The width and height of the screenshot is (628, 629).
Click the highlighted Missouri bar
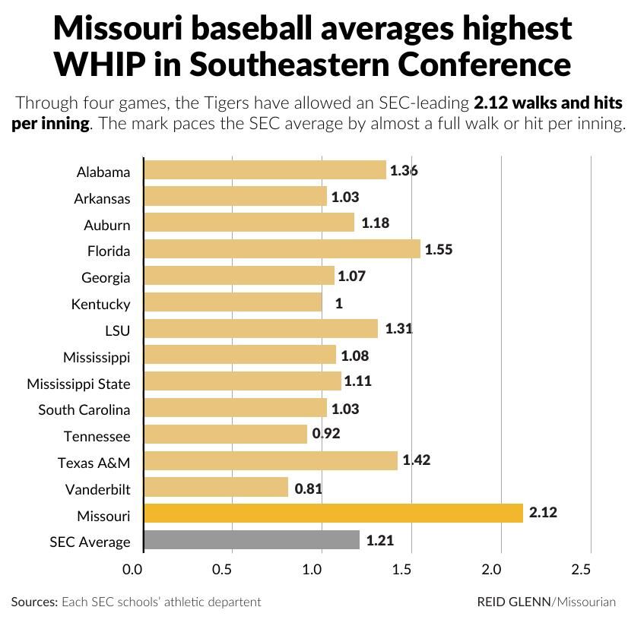tap(333, 514)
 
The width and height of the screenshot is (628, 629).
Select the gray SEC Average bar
tap(252, 540)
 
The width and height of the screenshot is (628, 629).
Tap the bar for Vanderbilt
tap(216, 487)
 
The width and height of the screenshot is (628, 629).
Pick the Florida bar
tap(281, 249)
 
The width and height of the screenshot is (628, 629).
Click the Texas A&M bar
tap(270, 460)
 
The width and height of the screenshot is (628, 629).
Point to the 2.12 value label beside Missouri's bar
tap(543, 514)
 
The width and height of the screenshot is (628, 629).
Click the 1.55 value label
tap(439, 249)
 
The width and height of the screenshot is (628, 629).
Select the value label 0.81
tap(308, 488)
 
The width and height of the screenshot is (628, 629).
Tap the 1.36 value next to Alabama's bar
tap(404, 171)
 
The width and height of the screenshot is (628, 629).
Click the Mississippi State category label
tap(78, 384)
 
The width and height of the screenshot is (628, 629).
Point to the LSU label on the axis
tap(117, 331)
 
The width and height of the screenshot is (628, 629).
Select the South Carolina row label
tap(84, 410)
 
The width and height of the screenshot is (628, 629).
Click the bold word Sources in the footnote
tap(34, 602)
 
